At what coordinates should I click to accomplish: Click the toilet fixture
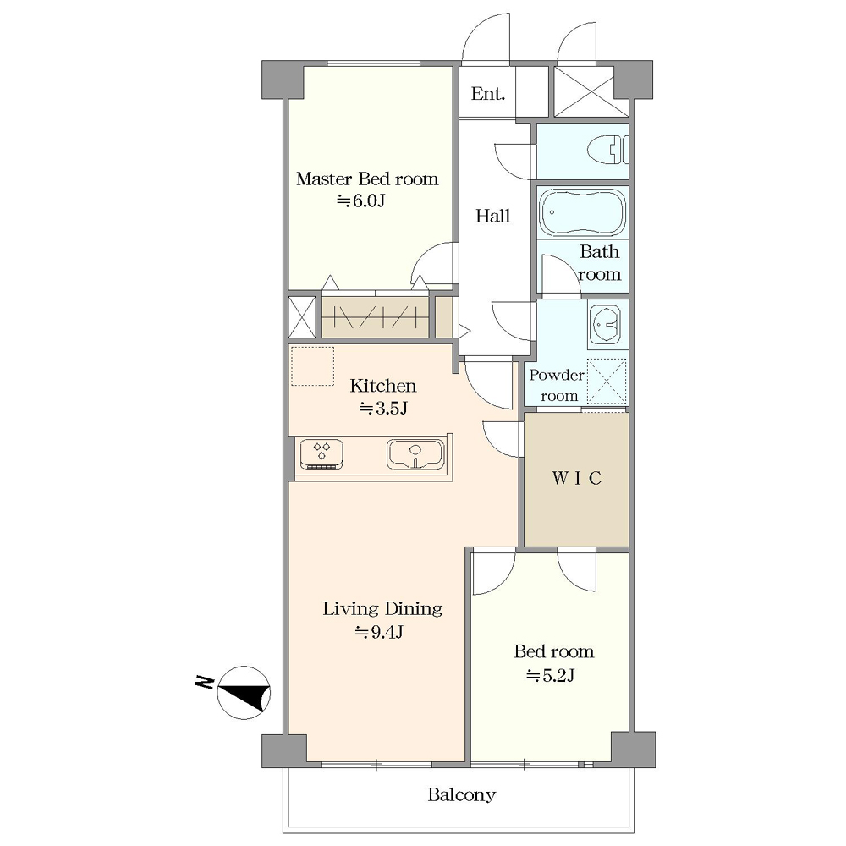pyautogui.click(x=608, y=151)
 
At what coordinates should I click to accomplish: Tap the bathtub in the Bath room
pyautogui.click(x=583, y=211)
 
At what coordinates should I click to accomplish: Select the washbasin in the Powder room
pyautogui.click(x=607, y=325)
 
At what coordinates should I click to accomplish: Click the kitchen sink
pyautogui.click(x=415, y=453)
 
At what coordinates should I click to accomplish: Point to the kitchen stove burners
pyautogui.click(x=321, y=454)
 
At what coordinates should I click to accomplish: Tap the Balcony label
pyautogui.click(x=462, y=794)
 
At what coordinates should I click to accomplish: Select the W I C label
pyautogui.click(x=576, y=478)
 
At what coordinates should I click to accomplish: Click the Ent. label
pyautogui.click(x=488, y=94)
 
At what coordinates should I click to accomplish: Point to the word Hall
pyautogui.click(x=492, y=216)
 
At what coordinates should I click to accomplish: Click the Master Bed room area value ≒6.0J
pyautogui.click(x=361, y=201)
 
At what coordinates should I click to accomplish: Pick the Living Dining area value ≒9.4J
pyautogui.click(x=379, y=631)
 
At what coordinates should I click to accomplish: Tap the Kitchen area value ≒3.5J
pyautogui.click(x=383, y=409)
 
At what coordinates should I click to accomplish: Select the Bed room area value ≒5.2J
pyautogui.click(x=551, y=675)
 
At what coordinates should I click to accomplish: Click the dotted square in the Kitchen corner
pyautogui.click(x=313, y=366)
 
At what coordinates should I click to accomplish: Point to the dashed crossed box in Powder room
pyautogui.click(x=607, y=381)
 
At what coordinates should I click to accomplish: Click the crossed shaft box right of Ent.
pyautogui.click(x=591, y=91)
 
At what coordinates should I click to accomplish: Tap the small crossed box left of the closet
pyautogui.click(x=302, y=317)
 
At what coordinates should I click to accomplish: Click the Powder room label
pyautogui.click(x=557, y=385)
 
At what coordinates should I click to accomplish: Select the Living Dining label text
pyautogui.click(x=382, y=609)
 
